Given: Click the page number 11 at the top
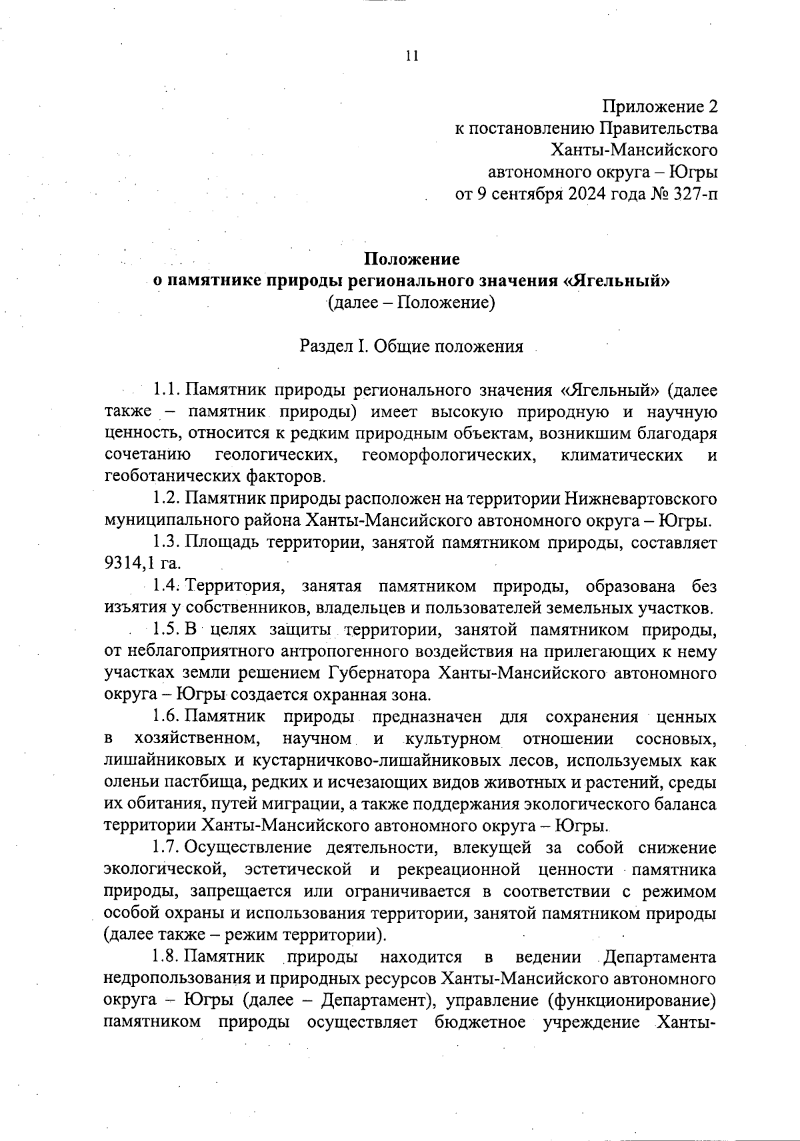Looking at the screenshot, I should [x=411, y=56].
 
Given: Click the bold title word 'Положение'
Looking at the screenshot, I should [x=411, y=259].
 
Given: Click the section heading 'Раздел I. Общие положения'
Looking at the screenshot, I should [x=411, y=347].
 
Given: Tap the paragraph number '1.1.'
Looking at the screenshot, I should [x=167, y=390].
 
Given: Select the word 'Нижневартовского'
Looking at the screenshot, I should [x=641, y=499].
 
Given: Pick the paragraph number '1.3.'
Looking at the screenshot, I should [x=167, y=543].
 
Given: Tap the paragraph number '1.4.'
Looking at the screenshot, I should [x=167, y=586].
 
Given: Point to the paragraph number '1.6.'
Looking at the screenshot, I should [x=167, y=717].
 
